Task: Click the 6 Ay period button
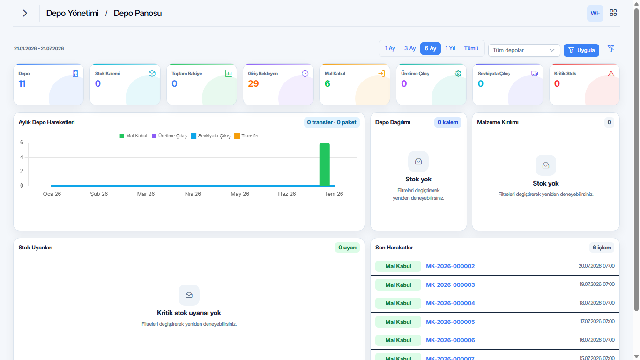point(430,48)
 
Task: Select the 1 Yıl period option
point(450,48)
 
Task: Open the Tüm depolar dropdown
point(524,50)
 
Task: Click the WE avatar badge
point(595,13)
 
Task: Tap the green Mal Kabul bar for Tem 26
point(325,165)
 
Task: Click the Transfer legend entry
point(246,136)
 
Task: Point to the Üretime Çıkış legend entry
point(169,136)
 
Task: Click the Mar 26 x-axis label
point(146,194)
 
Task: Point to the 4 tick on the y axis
point(22,157)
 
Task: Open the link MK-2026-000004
point(450,303)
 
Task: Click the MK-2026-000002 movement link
point(450,266)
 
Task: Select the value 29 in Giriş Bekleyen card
point(253,83)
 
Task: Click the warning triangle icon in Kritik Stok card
point(611,74)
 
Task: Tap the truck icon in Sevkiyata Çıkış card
point(535,74)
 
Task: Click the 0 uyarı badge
point(347,247)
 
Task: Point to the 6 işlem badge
point(602,247)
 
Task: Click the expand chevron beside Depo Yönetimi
point(25,13)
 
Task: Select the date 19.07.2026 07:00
point(597,284)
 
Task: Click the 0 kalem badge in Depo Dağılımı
point(448,122)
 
